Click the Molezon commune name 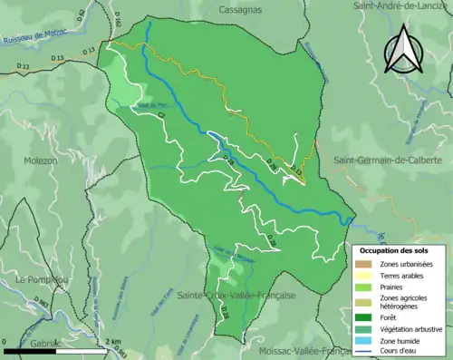pyautogui.click(x=40, y=161)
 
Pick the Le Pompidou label pyautogui.click(x=41, y=280)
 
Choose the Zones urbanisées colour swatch pyautogui.click(x=367, y=264)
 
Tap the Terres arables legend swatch pyautogui.click(x=367, y=275)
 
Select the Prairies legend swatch pyautogui.click(x=367, y=286)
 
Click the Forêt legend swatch pyautogui.click(x=367, y=316)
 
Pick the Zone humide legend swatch pyautogui.click(x=367, y=338)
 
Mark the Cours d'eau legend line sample pyautogui.click(x=367, y=349)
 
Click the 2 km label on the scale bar pyautogui.click(x=113, y=341)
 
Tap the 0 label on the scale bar pyautogui.click(x=5, y=341)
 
